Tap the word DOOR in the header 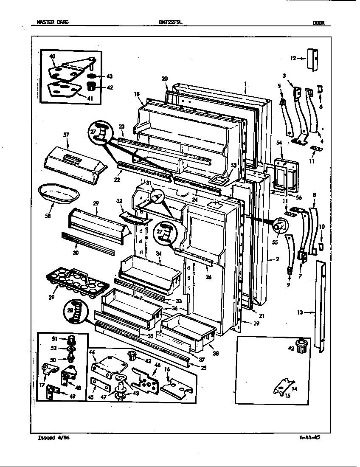coord(318,23)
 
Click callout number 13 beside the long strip coord(300,313)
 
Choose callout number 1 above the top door coord(245,84)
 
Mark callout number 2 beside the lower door coord(277,259)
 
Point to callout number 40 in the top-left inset coord(52,56)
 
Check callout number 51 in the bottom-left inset coord(54,338)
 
